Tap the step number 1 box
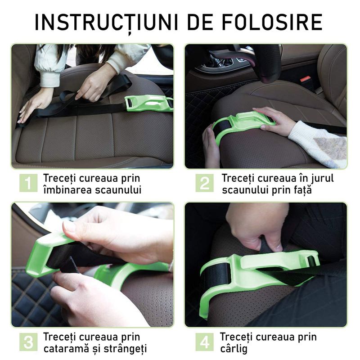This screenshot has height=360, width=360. (28, 183)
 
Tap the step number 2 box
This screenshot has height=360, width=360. (204, 183)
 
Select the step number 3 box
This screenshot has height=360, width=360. (28, 342)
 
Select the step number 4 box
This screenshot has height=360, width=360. (204, 342)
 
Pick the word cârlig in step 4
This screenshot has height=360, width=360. (234, 348)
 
